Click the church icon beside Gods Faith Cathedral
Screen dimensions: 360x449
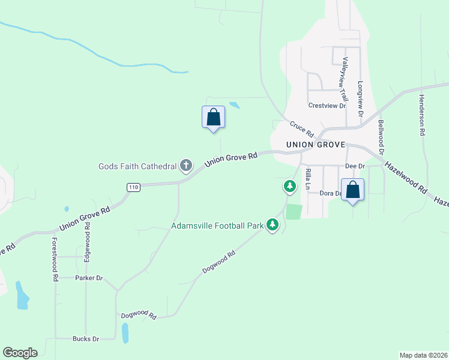point(186,165)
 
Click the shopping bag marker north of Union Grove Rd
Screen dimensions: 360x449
point(213,117)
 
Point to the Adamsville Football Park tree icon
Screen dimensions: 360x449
point(273,226)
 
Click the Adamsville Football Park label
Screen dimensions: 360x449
point(217,226)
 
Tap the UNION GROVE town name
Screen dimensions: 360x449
point(316,145)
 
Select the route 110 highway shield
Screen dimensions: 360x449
point(134,187)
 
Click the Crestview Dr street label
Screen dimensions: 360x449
point(327,106)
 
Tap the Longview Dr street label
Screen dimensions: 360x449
point(361,99)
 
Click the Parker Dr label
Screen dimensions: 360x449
point(89,278)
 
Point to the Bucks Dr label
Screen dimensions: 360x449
point(86,339)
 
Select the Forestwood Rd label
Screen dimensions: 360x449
point(55,259)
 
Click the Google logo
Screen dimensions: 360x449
point(20,353)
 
